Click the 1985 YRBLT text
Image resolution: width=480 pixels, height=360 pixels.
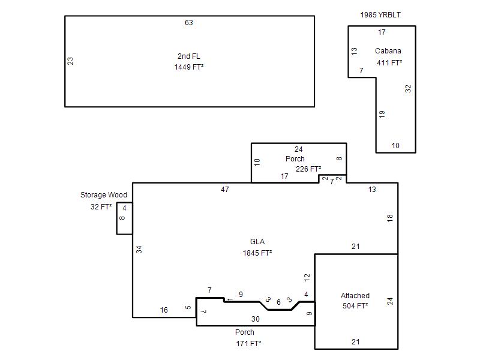(380, 14)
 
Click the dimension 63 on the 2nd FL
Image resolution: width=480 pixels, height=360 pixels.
(189, 23)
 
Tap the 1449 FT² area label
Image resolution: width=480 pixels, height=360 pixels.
(189, 67)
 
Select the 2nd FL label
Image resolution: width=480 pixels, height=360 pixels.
(189, 56)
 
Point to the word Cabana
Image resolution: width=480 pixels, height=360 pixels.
(388, 51)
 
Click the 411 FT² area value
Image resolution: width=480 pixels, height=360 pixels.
(389, 63)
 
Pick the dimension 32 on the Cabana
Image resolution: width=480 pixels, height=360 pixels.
(408, 89)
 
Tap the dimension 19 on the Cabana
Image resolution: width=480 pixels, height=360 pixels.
(382, 115)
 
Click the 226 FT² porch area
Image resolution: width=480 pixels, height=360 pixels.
(308, 169)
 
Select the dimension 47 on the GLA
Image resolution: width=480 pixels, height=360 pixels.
(225, 190)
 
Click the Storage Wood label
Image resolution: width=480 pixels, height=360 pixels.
(104, 194)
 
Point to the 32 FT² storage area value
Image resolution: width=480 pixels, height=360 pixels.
(101, 206)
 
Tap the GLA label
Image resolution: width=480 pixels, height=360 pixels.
(257, 242)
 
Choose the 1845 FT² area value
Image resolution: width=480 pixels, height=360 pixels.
(257, 253)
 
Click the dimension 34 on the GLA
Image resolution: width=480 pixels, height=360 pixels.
(139, 250)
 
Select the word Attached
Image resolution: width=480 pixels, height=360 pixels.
(355, 296)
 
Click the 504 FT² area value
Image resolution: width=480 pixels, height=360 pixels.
(355, 306)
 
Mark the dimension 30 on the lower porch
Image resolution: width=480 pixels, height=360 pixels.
(256, 319)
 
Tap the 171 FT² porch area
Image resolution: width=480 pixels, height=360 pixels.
(248, 343)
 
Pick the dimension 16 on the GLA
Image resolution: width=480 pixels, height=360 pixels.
(164, 310)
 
